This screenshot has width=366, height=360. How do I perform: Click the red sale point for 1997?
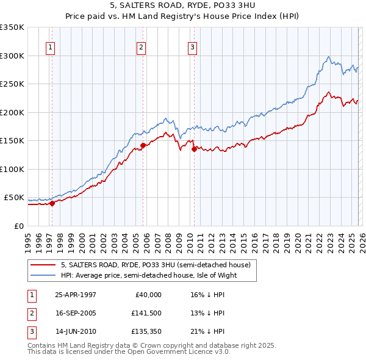point(52,204)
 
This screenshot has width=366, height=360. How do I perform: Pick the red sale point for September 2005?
point(143,145)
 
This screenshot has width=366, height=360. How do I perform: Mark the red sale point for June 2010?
point(194,148)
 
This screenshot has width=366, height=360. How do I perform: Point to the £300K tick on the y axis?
point(12,56)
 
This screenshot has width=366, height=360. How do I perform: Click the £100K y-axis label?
point(12,169)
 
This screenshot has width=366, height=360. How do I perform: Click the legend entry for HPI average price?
point(148,275)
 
